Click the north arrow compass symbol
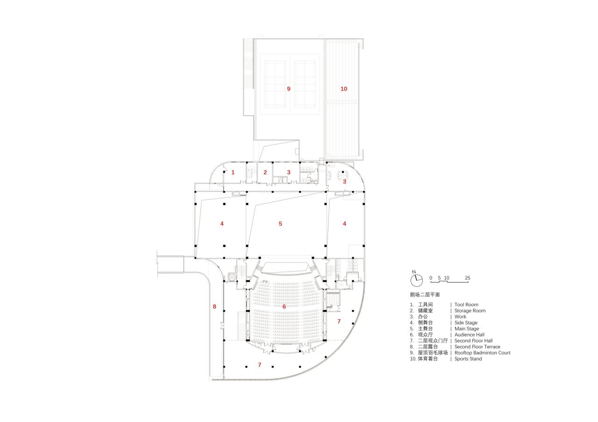pyautogui.click(x=416, y=280)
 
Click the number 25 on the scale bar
pyautogui.click(x=467, y=278)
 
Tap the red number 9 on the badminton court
pyautogui.click(x=289, y=89)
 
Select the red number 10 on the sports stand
pyautogui.click(x=344, y=89)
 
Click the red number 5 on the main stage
pyautogui.click(x=280, y=224)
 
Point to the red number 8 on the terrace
pyautogui.click(x=214, y=307)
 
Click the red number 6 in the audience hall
pyautogui.click(x=284, y=307)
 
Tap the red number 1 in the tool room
pyautogui.click(x=233, y=172)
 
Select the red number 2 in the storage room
pyautogui.click(x=265, y=172)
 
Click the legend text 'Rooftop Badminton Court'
pyautogui.click(x=482, y=353)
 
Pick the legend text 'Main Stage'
pyautogui.click(x=466, y=329)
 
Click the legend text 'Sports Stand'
pyautogui.click(x=468, y=359)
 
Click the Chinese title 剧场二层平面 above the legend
pyautogui.click(x=425, y=295)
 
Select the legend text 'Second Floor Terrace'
pyautogui.click(x=477, y=347)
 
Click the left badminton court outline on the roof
pyautogui.click(x=275, y=85)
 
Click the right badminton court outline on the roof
pyautogui.click(x=305, y=85)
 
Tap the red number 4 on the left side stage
pyautogui.click(x=222, y=224)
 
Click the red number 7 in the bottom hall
pyautogui.click(x=259, y=365)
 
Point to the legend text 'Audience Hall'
pyautogui.click(x=470, y=335)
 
